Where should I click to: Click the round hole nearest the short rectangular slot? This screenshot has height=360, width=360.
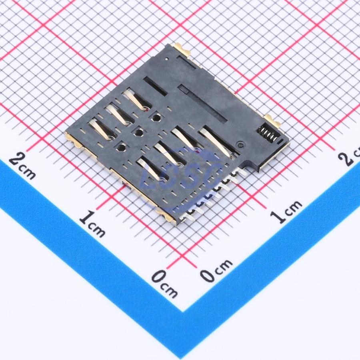pos(156,117)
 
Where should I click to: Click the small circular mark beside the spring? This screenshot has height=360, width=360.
pos(240,145)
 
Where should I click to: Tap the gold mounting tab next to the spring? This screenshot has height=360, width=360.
pos(273,121)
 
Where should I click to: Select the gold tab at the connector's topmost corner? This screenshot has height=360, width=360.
pos(182,49)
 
